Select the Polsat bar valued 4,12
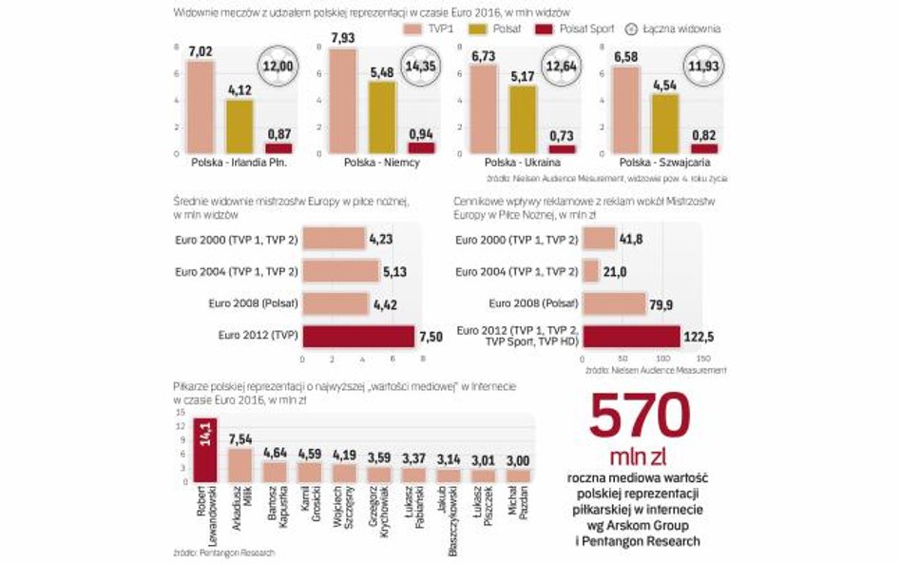tap(240, 126)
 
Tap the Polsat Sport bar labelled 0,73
tap(563, 148)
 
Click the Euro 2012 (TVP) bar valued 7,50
tap(358, 336)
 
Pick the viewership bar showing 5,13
tap(340, 271)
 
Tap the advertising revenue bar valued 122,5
tap(631, 336)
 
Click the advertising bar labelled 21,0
tap(590, 271)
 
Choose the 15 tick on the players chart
tap(181, 412)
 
